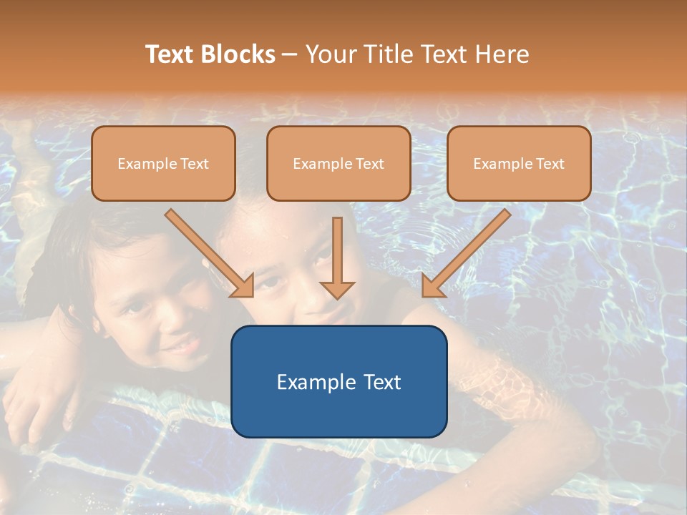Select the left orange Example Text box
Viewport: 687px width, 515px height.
(x=163, y=163)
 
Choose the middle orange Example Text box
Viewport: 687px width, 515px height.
(x=338, y=163)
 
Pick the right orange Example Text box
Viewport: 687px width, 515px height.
(x=519, y=163)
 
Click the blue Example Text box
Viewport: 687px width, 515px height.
(x=338, y=381)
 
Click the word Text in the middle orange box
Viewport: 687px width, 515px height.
(x=369, y=164)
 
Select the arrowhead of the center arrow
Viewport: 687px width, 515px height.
(x=337, y=289)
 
